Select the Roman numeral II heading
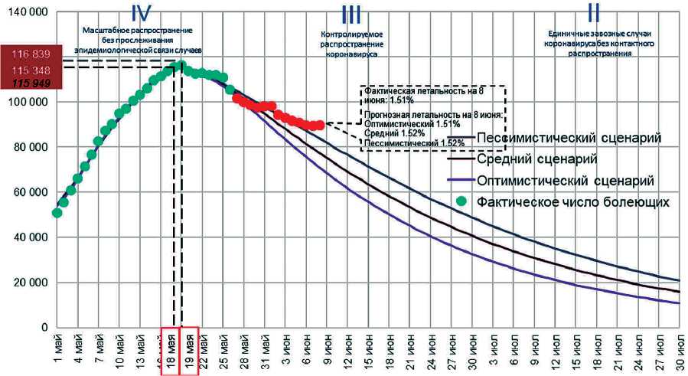593,13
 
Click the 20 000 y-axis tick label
31,283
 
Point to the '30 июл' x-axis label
677,349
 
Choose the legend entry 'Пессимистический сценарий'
568,138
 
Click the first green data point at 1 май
57,212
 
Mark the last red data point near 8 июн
319,124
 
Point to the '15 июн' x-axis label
369,349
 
